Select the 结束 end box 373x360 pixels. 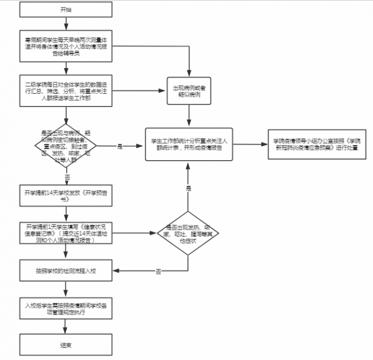[66, 345]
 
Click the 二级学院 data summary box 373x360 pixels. [66, 90]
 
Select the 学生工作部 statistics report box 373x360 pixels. [189, 144]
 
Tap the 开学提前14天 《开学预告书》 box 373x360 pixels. [66, 195]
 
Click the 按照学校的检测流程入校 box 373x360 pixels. [66, 271]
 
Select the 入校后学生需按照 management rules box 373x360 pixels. [66, 309]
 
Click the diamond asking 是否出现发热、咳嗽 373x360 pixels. [187, 233]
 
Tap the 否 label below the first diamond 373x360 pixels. [67, 177]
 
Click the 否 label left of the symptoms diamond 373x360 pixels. [159, 271]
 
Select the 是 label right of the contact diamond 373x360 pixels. [120, 147]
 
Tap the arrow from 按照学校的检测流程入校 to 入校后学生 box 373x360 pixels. [66, 290]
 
